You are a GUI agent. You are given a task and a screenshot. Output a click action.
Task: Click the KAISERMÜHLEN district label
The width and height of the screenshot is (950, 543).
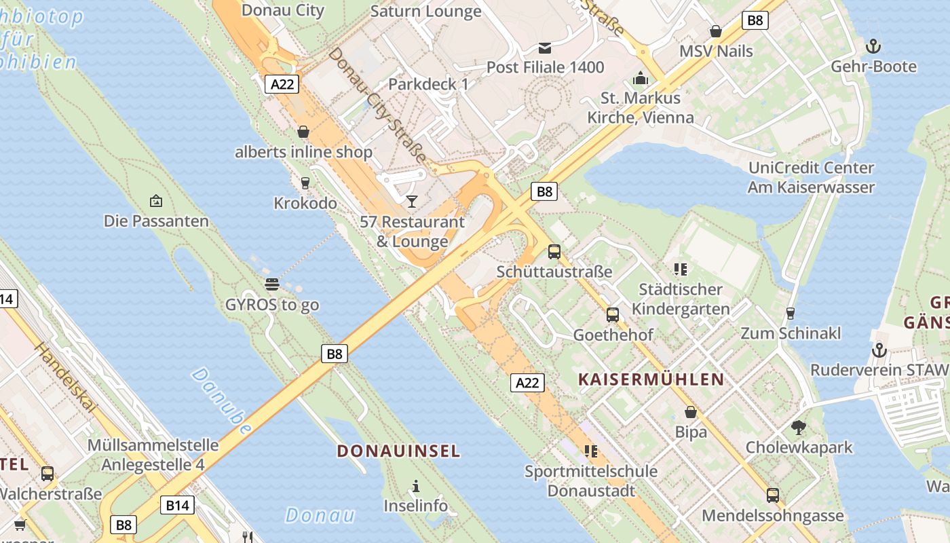click(651, 379)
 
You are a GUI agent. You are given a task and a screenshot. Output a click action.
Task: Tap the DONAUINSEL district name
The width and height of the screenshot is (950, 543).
click(398, 451)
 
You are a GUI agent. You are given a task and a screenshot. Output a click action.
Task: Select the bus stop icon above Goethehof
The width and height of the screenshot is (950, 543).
click(613, 315)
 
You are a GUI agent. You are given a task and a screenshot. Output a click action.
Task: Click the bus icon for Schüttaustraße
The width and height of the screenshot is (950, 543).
click(554, 252)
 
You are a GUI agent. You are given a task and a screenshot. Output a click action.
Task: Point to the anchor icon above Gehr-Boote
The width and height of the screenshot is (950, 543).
click(873, 46)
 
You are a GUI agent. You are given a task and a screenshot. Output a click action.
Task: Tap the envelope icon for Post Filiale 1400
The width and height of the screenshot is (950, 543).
click(545, 48)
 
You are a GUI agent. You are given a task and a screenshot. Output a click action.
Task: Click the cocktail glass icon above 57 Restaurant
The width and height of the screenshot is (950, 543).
click(411, 202)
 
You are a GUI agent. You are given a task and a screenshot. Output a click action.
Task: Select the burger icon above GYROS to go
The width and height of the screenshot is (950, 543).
click(272, 284)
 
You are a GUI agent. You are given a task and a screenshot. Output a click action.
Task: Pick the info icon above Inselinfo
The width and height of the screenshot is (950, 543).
click(416, 486)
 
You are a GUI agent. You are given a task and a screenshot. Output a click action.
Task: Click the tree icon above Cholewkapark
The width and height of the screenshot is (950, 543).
click(799, 428)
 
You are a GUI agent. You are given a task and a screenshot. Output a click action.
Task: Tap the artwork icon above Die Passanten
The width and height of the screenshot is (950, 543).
click(156, 201)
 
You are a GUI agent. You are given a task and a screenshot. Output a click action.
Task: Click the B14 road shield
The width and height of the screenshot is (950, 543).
click(178, 505)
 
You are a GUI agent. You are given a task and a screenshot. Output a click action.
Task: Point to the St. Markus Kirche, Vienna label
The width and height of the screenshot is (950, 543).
click(640, 107)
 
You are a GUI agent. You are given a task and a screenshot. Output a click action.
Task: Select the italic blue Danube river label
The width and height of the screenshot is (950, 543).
click(221, 401)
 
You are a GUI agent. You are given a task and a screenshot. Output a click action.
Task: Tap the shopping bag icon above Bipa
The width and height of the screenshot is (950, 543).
click(691, 412)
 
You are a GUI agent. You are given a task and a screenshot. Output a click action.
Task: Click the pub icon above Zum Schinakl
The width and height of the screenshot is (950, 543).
click(790, 314)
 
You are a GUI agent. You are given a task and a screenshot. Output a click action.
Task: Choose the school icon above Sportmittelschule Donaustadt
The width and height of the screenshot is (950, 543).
click(590, 451)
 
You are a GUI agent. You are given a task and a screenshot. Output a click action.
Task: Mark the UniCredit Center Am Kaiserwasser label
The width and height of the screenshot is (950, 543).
click(811, 177)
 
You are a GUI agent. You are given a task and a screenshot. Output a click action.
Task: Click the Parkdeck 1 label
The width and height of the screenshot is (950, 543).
click(428, 84)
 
